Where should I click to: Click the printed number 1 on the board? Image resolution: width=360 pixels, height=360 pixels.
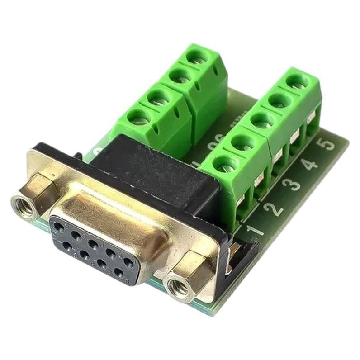coord(256,228)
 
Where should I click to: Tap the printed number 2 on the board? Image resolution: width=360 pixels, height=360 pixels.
coord(275,206)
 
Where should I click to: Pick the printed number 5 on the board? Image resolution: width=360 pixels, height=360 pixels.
coord(328,145)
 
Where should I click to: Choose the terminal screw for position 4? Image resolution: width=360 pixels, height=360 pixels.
coord(278,99)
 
